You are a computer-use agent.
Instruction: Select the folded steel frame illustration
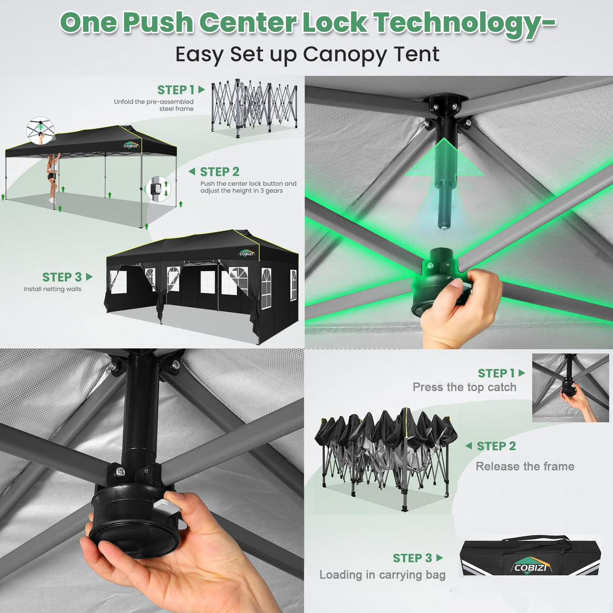point(254,108)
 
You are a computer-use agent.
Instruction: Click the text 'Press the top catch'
point(465,387)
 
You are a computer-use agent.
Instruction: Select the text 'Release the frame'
point(525,467)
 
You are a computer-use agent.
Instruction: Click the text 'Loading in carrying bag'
point(382,575)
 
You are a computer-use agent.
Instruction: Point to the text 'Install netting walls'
point(53,289)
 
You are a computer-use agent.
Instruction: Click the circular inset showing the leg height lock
point(159,188)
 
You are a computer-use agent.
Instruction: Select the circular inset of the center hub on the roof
point(40,131)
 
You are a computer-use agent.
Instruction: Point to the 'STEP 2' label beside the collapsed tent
point(496,446)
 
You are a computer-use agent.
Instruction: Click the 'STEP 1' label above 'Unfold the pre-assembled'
point(176,90)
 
